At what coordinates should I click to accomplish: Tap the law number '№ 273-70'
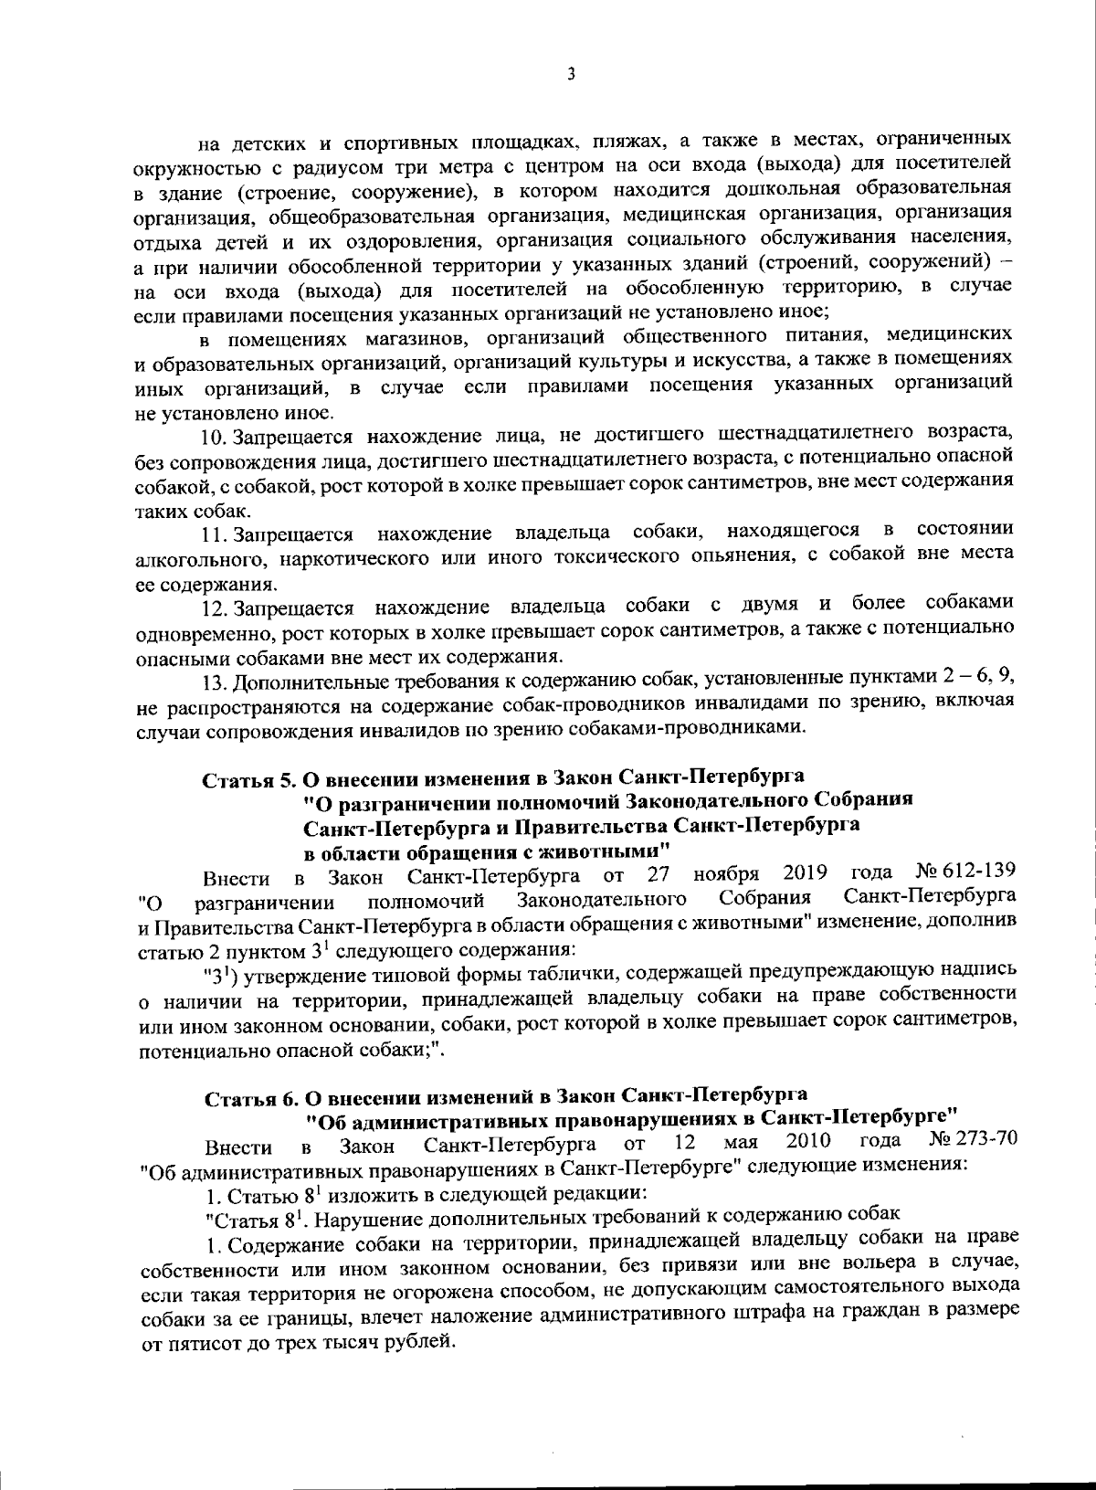[973, 1140]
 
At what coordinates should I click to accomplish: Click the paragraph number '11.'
[214, 533]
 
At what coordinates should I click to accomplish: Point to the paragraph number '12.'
[214, 607]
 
